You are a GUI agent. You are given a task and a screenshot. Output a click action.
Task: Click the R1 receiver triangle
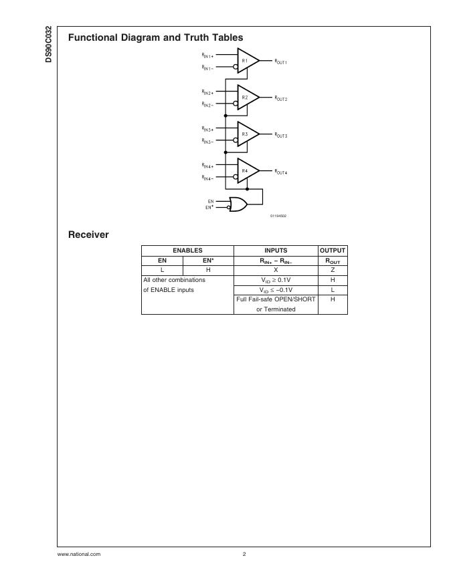247,61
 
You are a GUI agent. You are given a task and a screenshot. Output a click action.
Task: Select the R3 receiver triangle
247,134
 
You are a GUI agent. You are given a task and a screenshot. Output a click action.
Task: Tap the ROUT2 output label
280,98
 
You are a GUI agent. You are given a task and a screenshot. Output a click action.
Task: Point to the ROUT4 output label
280,172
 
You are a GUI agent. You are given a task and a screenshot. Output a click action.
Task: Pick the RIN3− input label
207,141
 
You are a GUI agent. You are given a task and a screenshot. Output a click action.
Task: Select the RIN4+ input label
207,165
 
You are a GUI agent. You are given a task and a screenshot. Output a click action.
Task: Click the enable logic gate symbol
238,204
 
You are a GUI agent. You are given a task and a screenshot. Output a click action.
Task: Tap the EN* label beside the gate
209,208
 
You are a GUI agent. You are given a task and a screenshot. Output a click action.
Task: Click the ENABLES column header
187,251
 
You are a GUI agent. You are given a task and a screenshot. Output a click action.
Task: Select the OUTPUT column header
333,251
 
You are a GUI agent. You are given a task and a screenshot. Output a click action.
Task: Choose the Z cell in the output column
333,270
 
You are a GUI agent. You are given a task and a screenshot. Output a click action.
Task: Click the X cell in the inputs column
276,270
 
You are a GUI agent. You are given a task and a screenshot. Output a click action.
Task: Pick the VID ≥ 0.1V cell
276,280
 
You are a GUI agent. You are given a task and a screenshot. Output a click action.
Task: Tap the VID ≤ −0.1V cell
276,290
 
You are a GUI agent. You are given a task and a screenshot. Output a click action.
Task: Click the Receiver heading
88,235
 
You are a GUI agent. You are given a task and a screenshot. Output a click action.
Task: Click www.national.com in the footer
79,554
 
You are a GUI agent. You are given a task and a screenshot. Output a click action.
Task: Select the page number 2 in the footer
244,554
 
